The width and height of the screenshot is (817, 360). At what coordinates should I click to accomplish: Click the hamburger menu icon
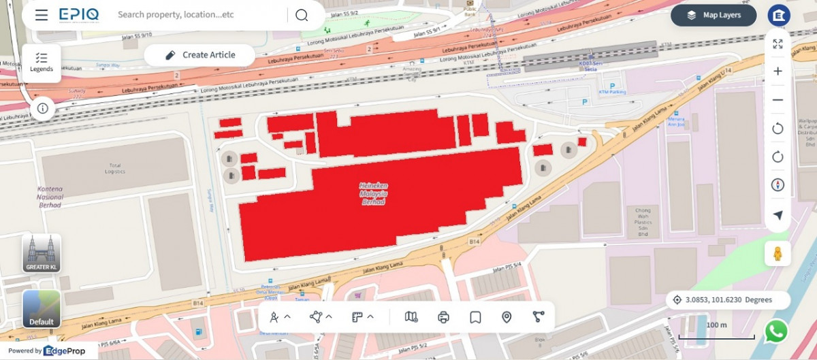point(42,15)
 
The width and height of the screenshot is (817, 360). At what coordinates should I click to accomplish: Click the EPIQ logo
point(78,15)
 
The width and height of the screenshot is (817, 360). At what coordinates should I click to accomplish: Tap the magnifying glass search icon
point(302,15)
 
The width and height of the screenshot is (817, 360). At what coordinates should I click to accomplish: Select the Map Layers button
point(714,15)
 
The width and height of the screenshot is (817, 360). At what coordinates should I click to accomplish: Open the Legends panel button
point(42,63)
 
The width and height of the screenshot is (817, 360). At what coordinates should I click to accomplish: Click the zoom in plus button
point(778,71)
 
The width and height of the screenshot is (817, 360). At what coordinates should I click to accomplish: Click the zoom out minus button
point(778,100)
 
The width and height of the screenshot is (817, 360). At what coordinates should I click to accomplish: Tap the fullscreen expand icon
point(778,44)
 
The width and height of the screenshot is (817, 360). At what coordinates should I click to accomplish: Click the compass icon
point(778,185)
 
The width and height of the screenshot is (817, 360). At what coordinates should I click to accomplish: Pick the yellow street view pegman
point(778,254)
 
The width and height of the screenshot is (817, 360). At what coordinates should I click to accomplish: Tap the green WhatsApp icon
point(776,331)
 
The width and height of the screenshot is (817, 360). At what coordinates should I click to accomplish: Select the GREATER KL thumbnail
point(42,253)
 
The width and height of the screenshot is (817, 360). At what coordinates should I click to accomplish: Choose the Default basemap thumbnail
point(42,309)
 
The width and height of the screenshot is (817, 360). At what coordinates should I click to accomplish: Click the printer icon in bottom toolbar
point(444,316)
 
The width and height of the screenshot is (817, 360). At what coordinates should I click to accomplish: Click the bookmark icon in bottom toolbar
point(475,316)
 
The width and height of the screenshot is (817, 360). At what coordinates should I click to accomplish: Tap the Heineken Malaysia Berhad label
point(374,193)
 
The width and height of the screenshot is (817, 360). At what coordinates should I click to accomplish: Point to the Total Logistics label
point(114,168)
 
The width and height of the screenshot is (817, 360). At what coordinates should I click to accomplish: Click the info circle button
point(42,108)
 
